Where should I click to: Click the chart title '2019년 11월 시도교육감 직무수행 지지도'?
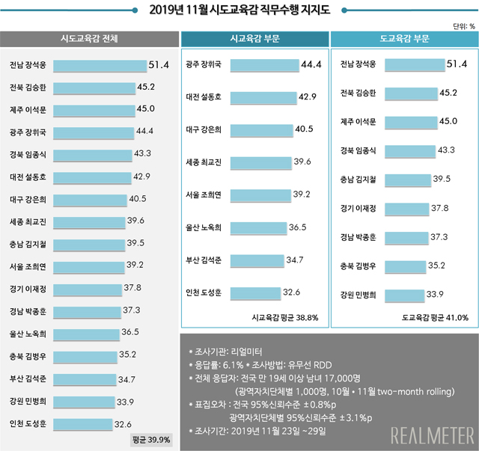[239, 10]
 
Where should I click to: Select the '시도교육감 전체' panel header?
[88, 39]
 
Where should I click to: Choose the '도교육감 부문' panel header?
[404, 39]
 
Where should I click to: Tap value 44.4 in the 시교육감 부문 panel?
[310, 64]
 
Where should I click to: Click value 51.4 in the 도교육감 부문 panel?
[457, 64]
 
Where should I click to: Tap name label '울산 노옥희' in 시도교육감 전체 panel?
[28, 333]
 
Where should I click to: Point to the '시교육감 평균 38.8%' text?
[285, 317]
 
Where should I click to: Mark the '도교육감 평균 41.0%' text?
[435, 317]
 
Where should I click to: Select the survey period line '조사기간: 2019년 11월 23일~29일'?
[259, 431]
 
